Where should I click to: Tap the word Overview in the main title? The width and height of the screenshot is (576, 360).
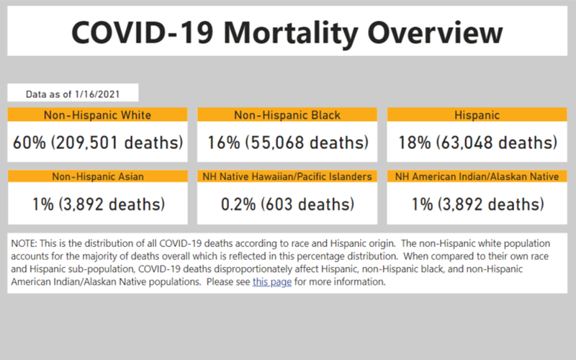pos(435,32)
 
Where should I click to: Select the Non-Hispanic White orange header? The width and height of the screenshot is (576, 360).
pos(97,114)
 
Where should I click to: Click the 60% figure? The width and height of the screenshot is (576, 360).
pos(30,143)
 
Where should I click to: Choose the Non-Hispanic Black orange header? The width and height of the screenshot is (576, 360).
pos(287,114)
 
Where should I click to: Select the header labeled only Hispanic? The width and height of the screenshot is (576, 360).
pos(477,114)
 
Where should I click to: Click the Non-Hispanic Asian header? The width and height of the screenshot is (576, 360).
pos(97,176)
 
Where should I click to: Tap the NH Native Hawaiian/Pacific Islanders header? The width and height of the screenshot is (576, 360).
pos(287,176)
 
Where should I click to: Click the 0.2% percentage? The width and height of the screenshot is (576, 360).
pos(238,204)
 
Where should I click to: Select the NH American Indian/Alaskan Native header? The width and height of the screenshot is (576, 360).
pos(477,176)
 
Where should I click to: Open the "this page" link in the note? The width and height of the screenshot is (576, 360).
pos(272,282)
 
